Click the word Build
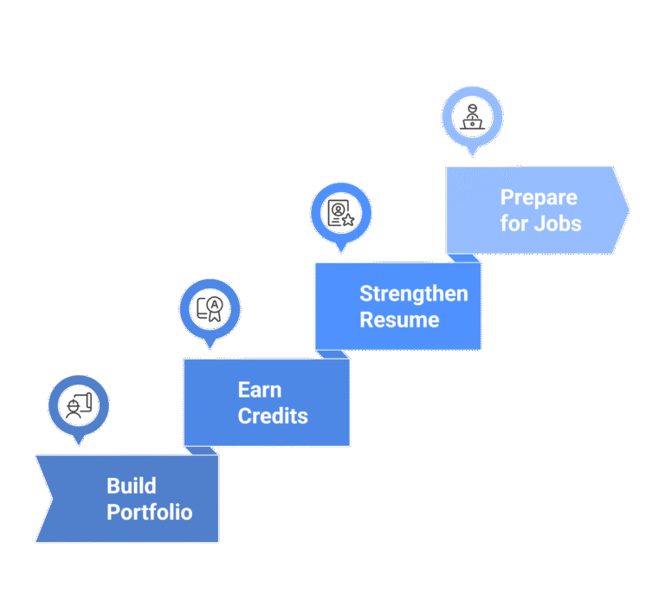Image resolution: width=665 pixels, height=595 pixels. click(132, 485)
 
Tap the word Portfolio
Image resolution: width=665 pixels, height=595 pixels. click(149, 512)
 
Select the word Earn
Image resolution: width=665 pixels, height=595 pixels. click(259, 390)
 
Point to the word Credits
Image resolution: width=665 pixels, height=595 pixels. click(273, 416)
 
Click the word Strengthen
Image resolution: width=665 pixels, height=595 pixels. click(413, 294)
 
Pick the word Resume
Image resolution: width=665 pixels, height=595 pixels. click(399, 320)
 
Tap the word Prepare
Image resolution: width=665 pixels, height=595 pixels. click(538, 197)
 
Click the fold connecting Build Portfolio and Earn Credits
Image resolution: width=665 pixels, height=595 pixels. click(201, 450)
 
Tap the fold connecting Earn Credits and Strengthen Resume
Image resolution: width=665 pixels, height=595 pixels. click(332, 354)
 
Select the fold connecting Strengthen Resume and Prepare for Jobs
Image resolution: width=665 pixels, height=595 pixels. click(464, 258)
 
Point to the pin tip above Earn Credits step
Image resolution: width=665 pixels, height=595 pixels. click(210, 346)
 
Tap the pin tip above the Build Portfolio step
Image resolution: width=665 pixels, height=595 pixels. click(78, 443)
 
